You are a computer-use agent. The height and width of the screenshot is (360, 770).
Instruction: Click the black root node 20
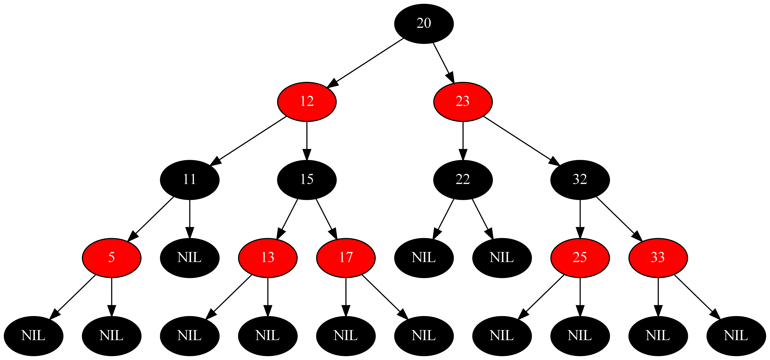pyautogui.click(x=424, y=24)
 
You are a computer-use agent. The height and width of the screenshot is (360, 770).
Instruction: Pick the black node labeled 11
pyautogui.click(x=189, y=180)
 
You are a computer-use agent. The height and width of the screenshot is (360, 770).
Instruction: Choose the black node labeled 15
pyautogui.click(x=307, y=180)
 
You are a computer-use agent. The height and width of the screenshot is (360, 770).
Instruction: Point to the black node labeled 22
pyautogui.click(x=463, y=180)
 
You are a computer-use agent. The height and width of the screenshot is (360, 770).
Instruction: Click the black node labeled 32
pyautogui.click(x=580, y=180)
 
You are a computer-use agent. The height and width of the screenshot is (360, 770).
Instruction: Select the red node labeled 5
pyautogui.click(x=112, y=258)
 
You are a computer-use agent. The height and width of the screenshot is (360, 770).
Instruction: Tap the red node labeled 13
pyautogui.click(x=268, y=258)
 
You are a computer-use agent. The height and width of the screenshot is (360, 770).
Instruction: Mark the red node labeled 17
pyautogui.click(x=346, y=258)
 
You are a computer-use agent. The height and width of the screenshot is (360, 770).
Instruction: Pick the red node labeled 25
pyautogui.click(x=580, y=258)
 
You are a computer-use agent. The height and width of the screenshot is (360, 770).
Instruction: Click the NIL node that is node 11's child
pyautogui.click(x=189, y=258)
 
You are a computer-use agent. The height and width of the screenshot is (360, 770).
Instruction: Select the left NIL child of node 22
pyautogui.click(x=424, y=258)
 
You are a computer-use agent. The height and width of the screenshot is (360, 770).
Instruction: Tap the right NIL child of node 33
pyautogui.click(x=736, y=336)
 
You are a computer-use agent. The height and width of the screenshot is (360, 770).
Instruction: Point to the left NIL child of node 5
pyautogui.click(x=33, y=336)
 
